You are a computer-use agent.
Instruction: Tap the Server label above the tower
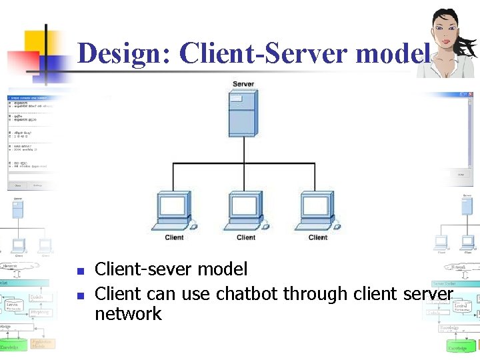click(243, 84)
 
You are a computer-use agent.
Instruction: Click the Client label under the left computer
click(174, 237)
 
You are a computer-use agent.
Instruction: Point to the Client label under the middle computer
click(246, 237)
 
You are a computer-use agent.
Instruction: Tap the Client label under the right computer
click(318, 237)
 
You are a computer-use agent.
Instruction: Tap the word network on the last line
click(128, 314)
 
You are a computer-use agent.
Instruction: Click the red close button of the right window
click(471, 95)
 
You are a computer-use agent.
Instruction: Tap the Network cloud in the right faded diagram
click(459, 267)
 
